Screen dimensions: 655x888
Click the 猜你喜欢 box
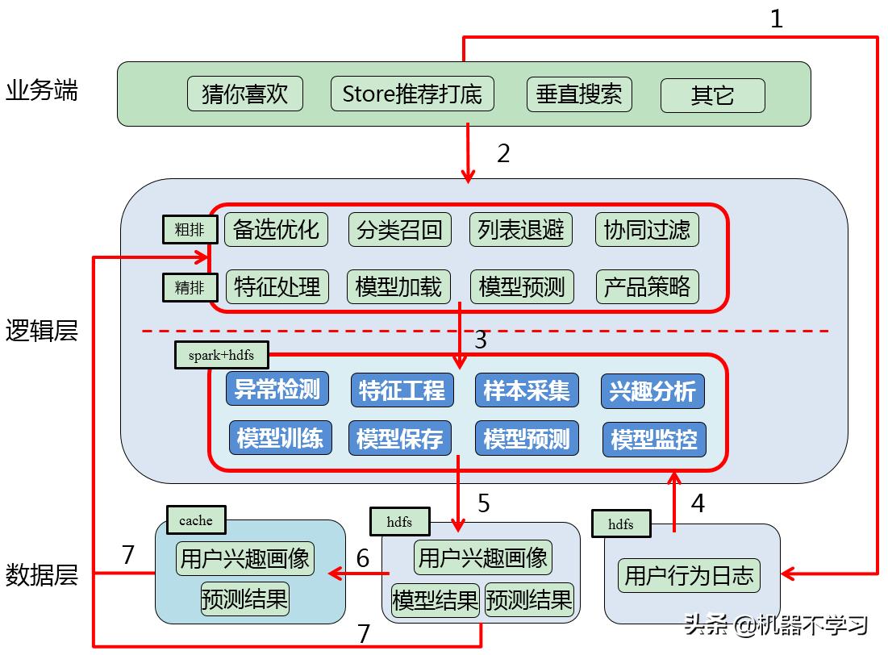[244, 94]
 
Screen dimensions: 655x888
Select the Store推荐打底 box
[412, 94]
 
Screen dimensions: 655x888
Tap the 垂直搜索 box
[579, 94]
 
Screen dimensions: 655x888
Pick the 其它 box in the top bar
[712, 95]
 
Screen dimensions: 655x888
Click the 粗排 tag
[190, 230]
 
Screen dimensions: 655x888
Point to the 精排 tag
[190, 286]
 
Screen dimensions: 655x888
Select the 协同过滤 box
[647, 230]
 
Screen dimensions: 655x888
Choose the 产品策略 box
[647, 286]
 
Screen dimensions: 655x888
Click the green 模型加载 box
[398, 286]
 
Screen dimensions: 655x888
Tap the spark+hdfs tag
[222, 355]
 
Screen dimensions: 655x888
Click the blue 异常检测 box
[277, 390]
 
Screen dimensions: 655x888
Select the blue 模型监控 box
[654, 440]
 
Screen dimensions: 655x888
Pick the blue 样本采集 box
[527, 390]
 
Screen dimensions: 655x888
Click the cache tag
[196, 521]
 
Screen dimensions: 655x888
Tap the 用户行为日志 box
[689, 575]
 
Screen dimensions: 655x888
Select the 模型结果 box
[435, 600]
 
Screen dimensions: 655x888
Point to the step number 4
[698, 503]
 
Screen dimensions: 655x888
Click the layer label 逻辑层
[42, 331]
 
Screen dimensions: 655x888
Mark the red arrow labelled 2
[468, 153]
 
